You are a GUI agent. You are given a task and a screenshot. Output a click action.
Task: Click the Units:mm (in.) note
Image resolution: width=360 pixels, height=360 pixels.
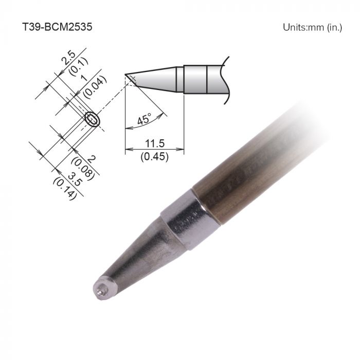coord(312,27)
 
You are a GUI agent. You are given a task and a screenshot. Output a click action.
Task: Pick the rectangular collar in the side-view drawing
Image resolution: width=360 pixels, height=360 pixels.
coord(195,79)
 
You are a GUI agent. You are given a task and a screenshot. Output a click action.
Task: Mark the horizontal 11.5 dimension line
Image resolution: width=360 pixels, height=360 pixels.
coord(154,150)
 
